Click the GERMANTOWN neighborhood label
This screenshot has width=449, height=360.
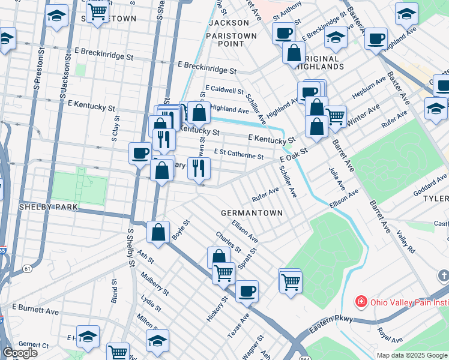click(x=252, y=213)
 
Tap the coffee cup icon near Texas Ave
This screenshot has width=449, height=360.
click(x=247, y=292)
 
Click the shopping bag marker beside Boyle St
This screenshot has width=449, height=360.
click(x=158, y=233)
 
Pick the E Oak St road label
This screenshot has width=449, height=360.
click(x=294, y=156)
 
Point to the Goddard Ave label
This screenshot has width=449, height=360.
click(x=430, y=184)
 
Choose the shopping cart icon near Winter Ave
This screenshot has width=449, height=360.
click(x=335, y=116)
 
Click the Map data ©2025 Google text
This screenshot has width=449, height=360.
click(x=412, y=355)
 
